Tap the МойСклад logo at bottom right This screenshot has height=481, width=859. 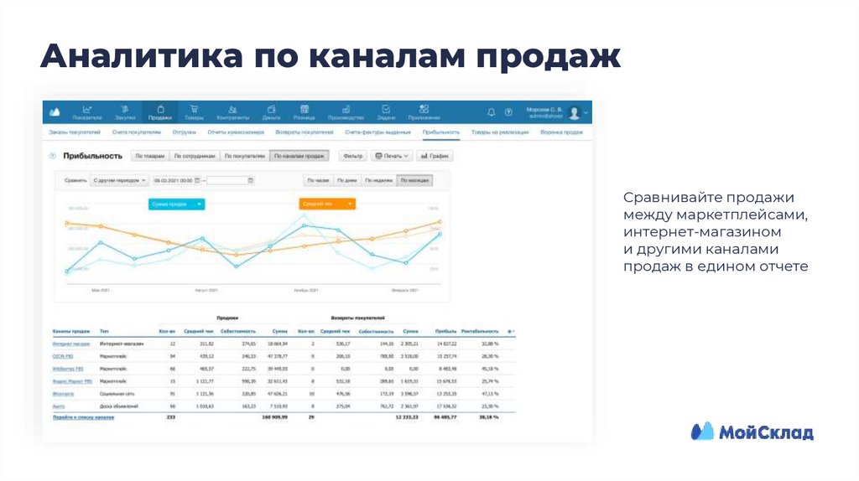[x=752, y=432]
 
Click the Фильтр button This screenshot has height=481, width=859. [x=353, y=156]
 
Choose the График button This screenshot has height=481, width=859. [x=435, y=156]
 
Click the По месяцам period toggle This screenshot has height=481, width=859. [x=415, y=180]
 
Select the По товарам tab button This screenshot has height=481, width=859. [x=149, y=156]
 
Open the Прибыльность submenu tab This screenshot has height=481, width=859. [x=440, y=132]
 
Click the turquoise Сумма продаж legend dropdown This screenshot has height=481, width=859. [x=176, y=204]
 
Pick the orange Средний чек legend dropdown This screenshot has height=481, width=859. [x=327, y=204]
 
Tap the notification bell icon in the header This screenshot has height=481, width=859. [x=491, y=111]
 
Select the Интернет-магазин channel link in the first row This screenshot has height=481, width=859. [x=70, y=344]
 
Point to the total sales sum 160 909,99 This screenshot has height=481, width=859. [x=274, y=416]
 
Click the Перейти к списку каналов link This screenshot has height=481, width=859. [x=83, y=416]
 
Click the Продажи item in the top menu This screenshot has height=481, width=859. [x=160, y=112]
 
